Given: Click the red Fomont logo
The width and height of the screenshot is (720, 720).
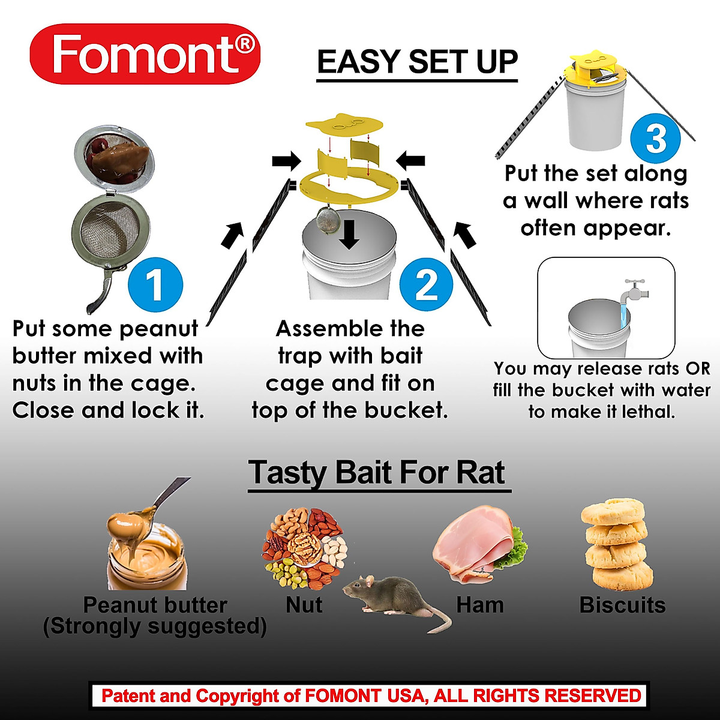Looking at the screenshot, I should pos(145,54).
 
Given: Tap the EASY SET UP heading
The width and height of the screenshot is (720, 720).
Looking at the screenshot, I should pos(417,62).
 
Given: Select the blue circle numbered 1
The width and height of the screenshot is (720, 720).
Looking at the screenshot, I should pos(155,284).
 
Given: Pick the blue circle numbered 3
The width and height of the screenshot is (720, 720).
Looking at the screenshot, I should pos(656,137).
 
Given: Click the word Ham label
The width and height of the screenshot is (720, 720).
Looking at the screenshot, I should pos(479,605).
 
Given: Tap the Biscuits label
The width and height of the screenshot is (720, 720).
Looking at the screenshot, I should pos(622,605).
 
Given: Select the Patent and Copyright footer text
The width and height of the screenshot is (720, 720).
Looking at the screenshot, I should pos(371,696).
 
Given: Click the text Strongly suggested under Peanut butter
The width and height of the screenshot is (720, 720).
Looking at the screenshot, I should pos(155,626).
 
